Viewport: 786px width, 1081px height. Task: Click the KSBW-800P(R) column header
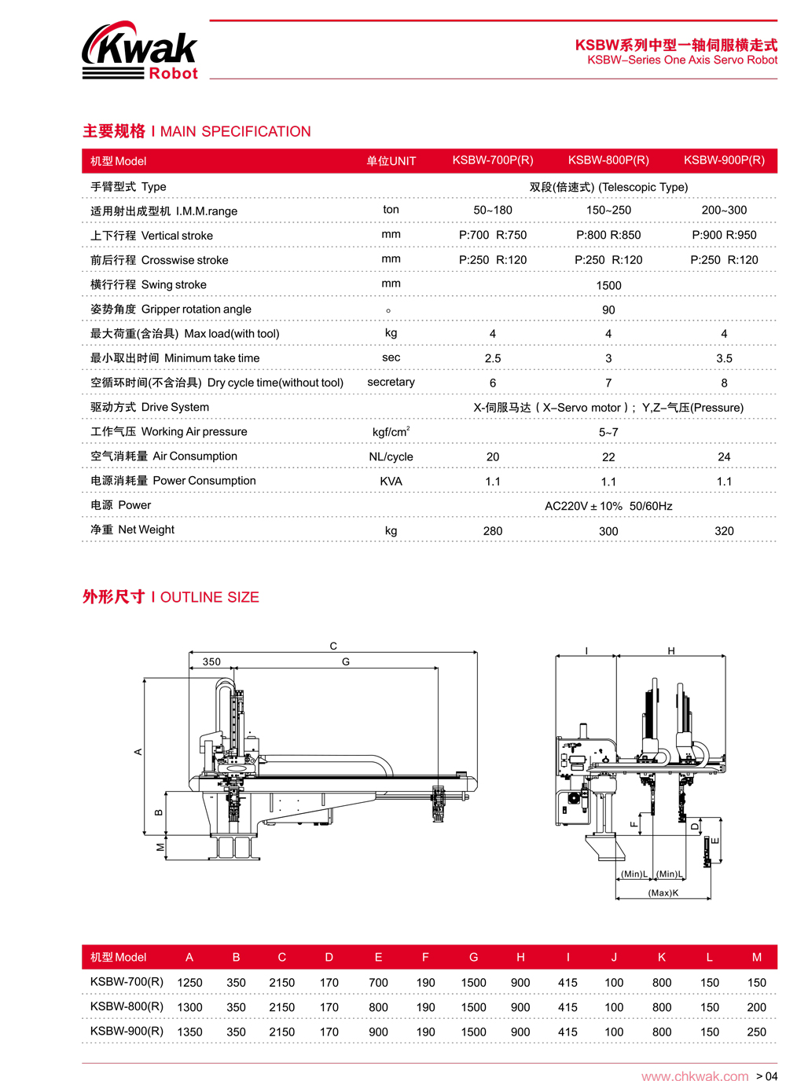pos(608,160)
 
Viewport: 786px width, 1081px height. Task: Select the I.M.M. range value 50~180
pos(493,211)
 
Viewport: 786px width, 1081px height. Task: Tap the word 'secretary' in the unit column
pos(391,382)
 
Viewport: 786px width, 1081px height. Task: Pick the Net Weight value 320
pos(724,531)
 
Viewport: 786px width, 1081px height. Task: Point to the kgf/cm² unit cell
pos(391,432)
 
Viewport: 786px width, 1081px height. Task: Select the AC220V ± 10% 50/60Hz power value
pos(608,506)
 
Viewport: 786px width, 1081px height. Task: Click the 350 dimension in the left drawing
pos(211,661)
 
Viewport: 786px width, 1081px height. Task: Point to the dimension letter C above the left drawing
pos(333,646)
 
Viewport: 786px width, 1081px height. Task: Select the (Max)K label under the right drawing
pos(663,892)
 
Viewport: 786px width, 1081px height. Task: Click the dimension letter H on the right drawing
pos(671,650)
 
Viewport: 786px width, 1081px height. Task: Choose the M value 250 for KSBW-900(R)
pos(756,1032)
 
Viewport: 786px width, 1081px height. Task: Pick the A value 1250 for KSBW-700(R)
pos(189,983)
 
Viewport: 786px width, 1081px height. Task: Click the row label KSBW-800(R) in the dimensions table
pos(127,1006)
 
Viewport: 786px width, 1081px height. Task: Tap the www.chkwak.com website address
pos(695,1076)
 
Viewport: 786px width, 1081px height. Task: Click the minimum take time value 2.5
pos(493,358)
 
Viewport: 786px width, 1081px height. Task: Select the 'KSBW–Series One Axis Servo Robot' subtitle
pos(682,60)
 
